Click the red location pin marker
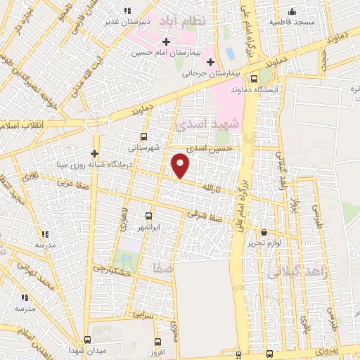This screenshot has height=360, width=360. [x=181, y=165]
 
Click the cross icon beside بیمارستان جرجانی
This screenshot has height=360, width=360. [x=210, y=62]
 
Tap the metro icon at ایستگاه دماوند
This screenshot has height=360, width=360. [x=266, y=77]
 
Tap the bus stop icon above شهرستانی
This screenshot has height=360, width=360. [x=143, y=137]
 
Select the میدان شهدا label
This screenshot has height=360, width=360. [x=86, y=349]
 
